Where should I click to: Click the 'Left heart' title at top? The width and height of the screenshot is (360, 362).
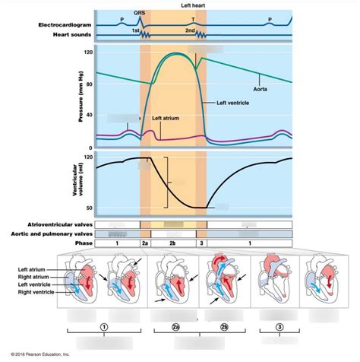(192, 5)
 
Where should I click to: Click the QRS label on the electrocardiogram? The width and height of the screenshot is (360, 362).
(140, 13)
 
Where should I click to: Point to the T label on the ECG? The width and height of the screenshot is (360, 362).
(193, 17)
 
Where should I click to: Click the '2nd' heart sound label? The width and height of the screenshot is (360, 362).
(191, 31)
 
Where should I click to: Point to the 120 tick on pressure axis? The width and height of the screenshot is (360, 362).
(88, 52)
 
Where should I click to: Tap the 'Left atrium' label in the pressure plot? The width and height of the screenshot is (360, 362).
(166, 118)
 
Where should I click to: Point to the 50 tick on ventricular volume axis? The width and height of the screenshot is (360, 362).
(88, 208)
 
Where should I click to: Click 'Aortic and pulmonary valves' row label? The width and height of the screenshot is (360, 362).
(58, 234)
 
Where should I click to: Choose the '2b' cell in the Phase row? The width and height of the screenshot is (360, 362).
(172, 243)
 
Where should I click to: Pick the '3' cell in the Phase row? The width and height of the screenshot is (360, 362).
(201, 243)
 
